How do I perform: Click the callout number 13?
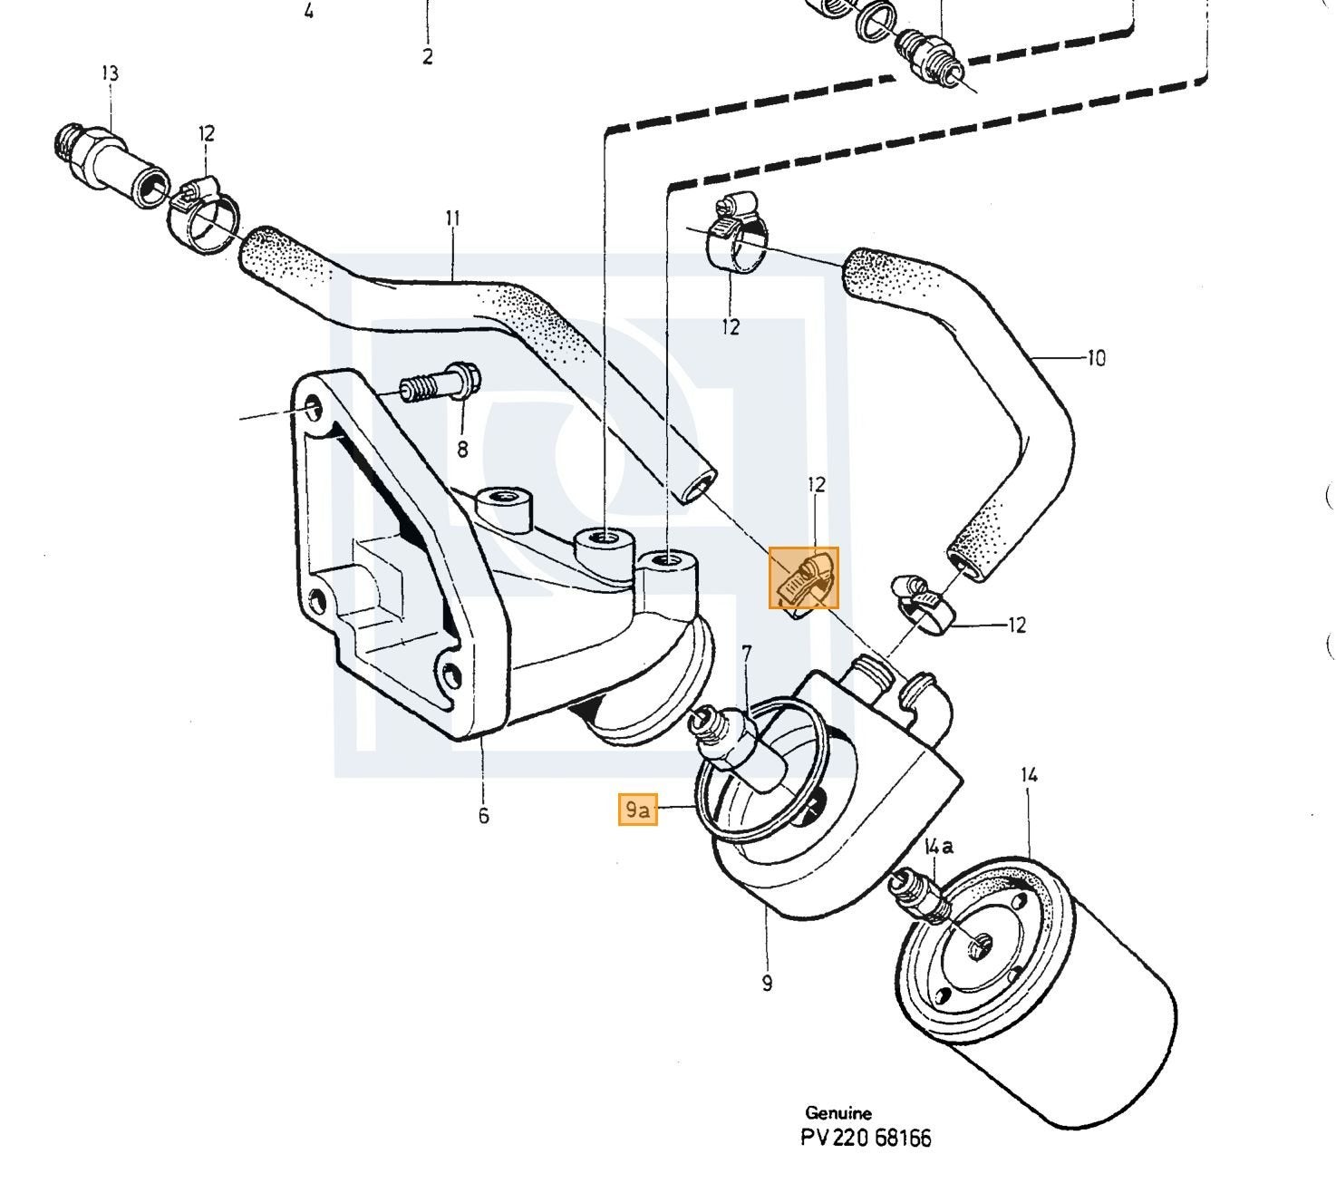pyautogui.click(x=110, y=73)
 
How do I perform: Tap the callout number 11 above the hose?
pyautogui.click(x=452, y=218)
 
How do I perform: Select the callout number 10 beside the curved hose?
pyautogui.click(x=1095, y=358)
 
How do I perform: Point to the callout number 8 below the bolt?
pyautogui.click(x=462, y=449)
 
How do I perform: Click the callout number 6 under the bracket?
pyautogui.click(x=483, y=816)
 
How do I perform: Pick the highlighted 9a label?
pyautogui.click(x=637, y=810)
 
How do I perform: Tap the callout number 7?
pyautogui.click(x=746, y=654)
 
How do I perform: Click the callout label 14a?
pyautogui.click(x=938, y=846)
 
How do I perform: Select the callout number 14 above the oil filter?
pyautogui.click(x=1030, y=775)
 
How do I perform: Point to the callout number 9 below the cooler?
pyautogui.click(x=766, y=984)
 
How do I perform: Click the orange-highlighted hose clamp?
pyautogui.click(x=804, y=577)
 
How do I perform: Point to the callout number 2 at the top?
pyautogui.click(x=427, y=57)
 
